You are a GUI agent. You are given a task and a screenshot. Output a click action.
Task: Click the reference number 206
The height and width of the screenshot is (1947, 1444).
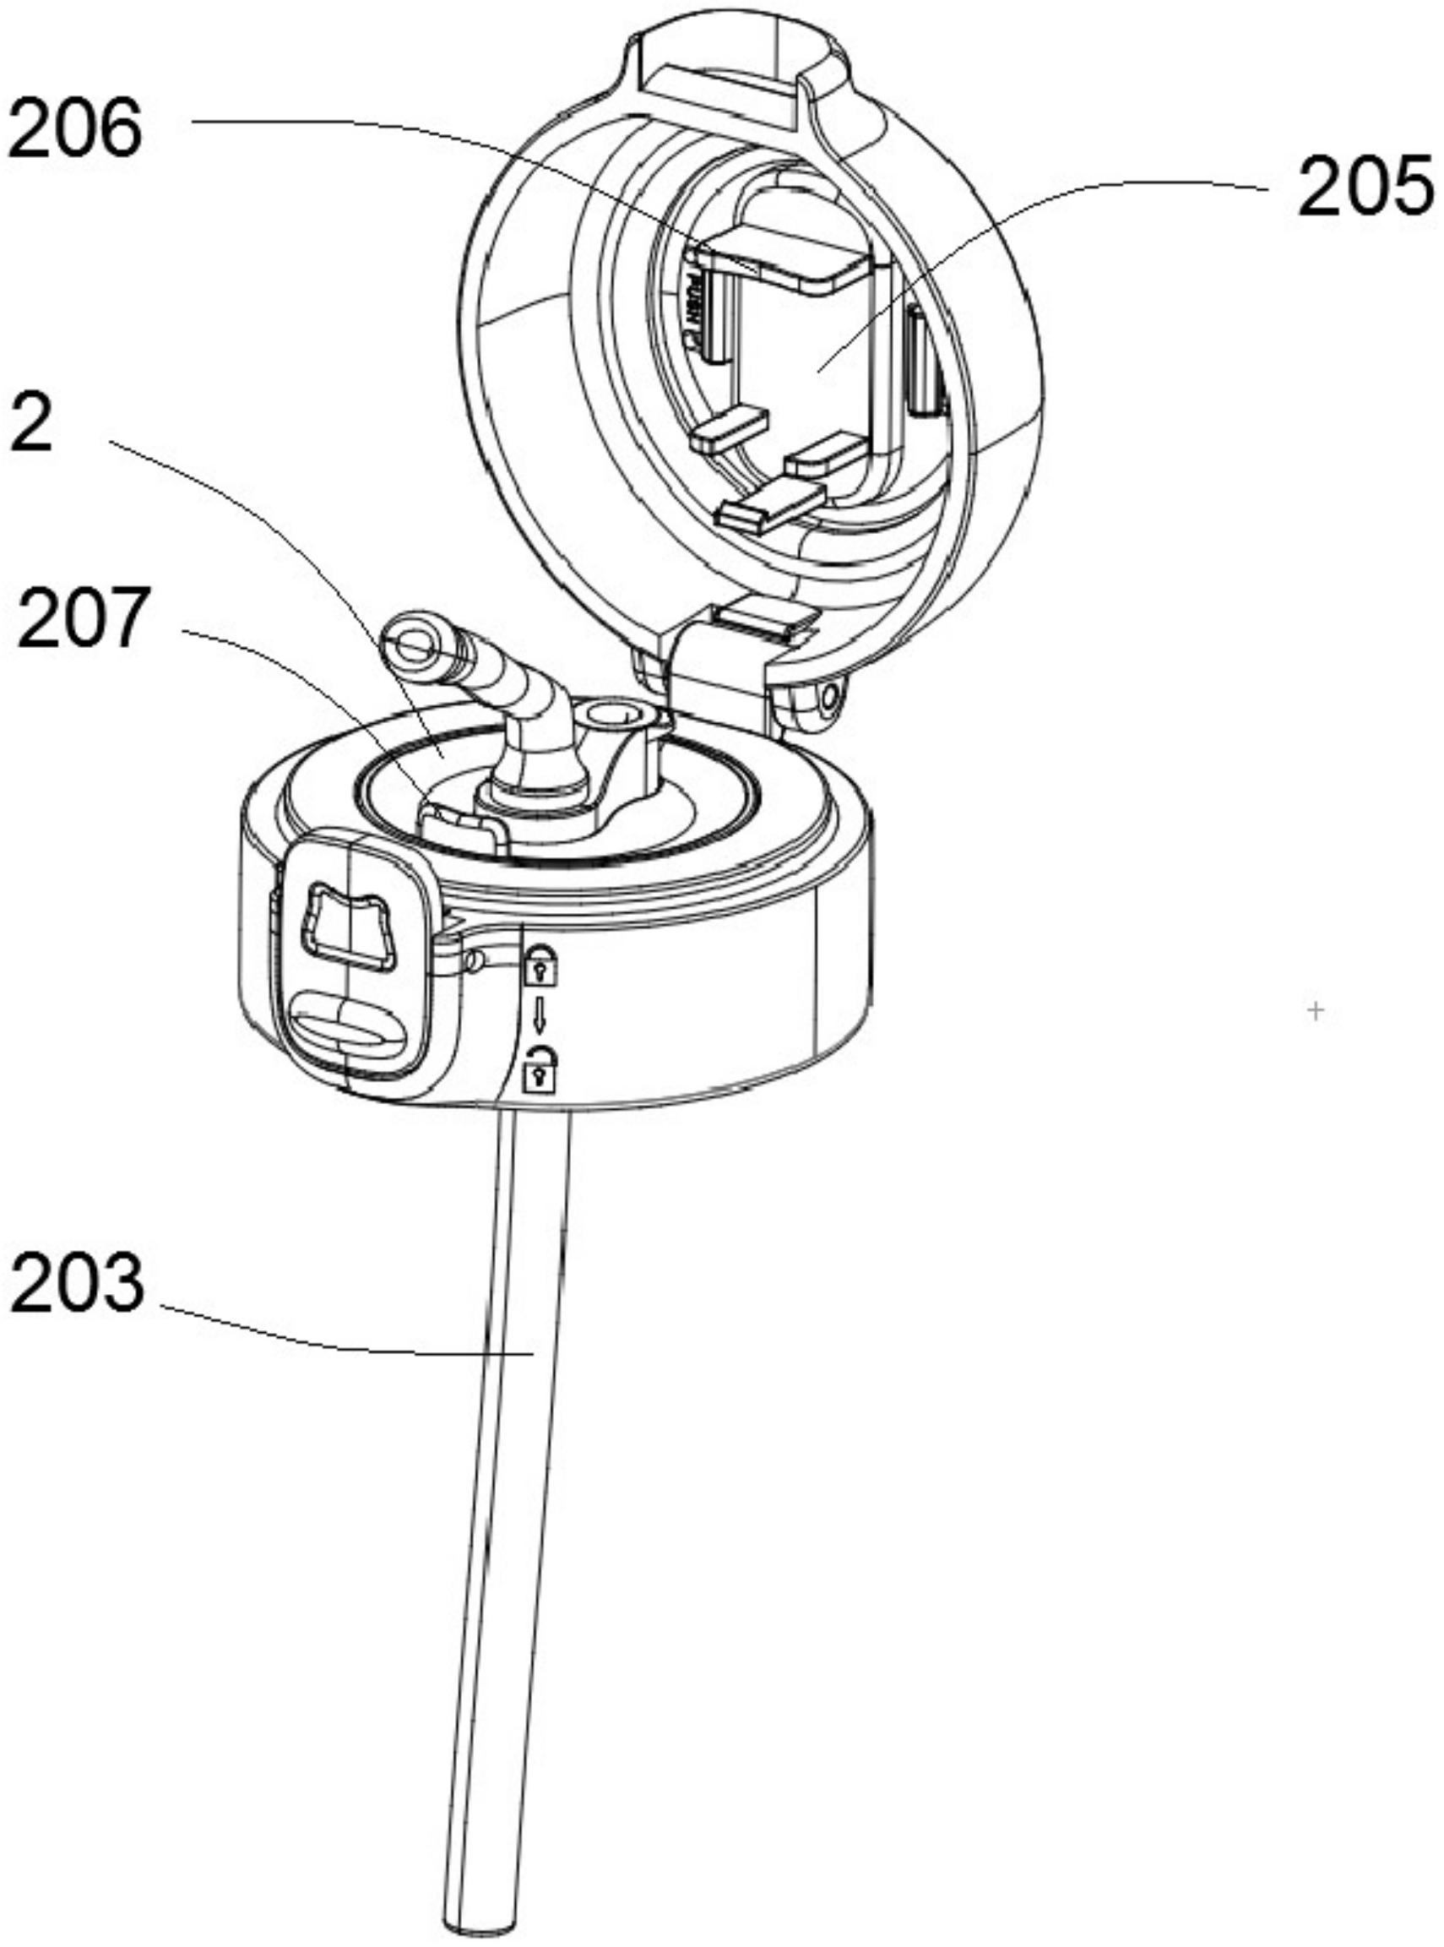73,128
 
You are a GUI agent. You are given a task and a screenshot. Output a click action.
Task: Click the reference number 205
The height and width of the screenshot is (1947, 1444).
1366,186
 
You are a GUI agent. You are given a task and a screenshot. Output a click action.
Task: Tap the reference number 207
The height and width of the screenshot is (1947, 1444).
80,619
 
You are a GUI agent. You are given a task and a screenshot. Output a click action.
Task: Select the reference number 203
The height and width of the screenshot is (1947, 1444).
76,1282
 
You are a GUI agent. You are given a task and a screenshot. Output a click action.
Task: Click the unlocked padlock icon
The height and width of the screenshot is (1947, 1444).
539,1068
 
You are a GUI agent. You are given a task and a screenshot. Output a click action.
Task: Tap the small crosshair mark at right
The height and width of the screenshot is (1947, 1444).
1316,1010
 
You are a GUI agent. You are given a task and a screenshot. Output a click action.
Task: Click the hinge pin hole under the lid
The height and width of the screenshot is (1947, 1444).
829,697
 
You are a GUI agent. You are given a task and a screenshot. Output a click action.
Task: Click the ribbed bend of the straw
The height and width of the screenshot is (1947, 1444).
516,692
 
